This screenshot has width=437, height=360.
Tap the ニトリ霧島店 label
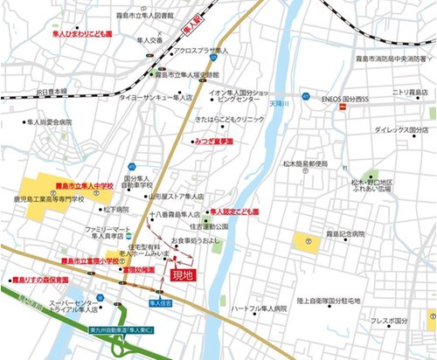click(x=408, y=91)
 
